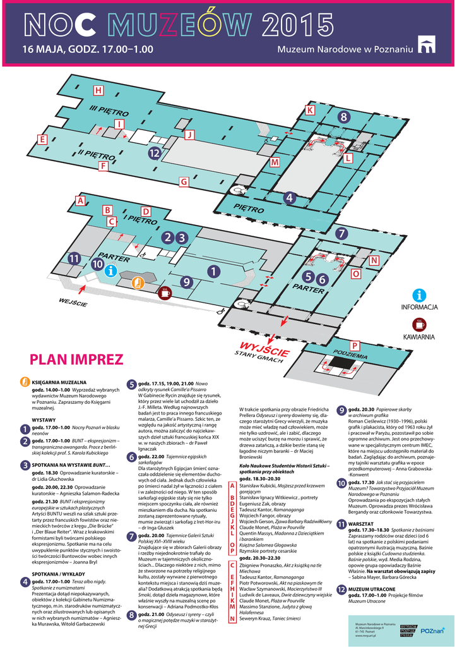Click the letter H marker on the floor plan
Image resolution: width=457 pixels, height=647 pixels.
[98, 90]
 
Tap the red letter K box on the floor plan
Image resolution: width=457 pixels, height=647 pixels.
[310, 111]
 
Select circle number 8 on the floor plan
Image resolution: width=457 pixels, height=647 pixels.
[343, 117]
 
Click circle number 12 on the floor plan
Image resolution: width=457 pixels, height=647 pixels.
[154, 153]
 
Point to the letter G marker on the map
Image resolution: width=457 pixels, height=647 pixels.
[184, 182]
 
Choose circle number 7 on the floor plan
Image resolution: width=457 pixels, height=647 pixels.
[341, 233]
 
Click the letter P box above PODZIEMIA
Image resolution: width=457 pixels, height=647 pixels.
[355, 345]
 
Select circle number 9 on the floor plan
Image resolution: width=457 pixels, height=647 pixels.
[186, 281]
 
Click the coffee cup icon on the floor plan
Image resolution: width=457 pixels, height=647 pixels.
[165, 293]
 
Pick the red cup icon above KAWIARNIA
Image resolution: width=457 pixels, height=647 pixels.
[419, 325]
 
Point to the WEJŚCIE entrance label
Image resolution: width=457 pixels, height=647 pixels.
[73, 302]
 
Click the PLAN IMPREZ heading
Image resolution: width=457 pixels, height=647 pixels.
[76, 360]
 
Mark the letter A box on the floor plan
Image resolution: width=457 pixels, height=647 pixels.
[80, 201]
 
